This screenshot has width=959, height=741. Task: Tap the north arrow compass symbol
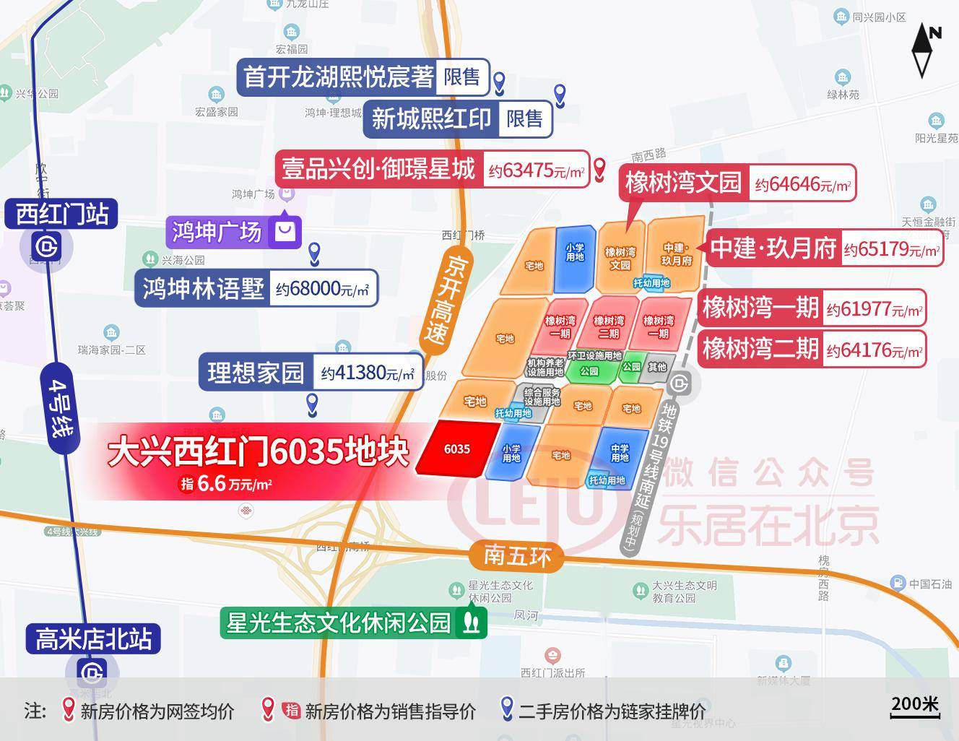click(x=923, y=49)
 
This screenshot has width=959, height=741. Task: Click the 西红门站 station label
click(x=62, y=214)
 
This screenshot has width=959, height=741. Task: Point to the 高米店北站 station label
click(x=94, y=639)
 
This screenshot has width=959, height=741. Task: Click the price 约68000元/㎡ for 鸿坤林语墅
click(x=322, y=290)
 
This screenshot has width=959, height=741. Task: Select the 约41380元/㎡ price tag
click(x=368, y=373)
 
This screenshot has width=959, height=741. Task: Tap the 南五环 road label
click(x=517, y=555)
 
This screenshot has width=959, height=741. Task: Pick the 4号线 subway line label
click(x=61, y=408)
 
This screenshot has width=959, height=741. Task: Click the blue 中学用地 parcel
click(x=619, y=453)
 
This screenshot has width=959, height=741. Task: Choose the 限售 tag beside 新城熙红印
click(x=524, y=118)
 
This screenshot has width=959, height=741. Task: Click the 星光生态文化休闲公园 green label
click(x=339, y=623)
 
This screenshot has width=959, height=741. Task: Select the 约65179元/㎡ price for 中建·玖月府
click(x=892, y=249)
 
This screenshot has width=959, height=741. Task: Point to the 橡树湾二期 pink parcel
click(x=609, y=326)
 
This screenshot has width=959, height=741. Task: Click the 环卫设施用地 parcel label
click(x=594, y=356)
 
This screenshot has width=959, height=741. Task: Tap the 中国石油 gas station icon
click(x=898, y=584)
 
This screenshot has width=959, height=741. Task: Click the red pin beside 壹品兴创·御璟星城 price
click(x=599, y=169)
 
